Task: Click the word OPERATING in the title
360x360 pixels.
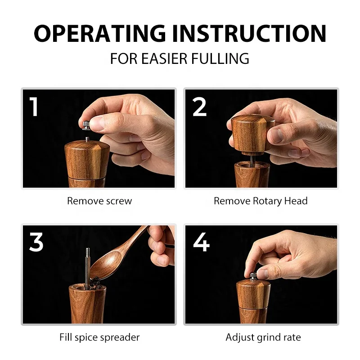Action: (x=100, y=33)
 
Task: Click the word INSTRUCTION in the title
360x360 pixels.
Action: (x=249, y=33)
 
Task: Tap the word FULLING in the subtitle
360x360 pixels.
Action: (x=220, y=58)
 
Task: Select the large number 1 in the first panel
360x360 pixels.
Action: (x=34, y=107)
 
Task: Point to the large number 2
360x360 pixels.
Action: (x=199, y=107)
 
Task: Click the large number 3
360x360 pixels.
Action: (x=36, y=242)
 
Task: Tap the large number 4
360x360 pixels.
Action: (x=201, y=242)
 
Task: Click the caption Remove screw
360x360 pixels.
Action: (x=99, y=201)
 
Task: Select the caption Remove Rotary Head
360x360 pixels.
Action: (x=261, y=201)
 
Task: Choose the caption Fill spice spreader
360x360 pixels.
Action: (x=99, y=337)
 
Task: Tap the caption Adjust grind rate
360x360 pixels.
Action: (x=263, y=337)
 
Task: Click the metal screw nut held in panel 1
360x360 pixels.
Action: (x=86, y=125)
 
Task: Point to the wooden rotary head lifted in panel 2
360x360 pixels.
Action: (x=252, y=133)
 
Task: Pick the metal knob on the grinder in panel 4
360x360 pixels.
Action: (x=253, y=276)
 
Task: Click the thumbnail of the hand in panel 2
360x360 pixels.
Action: (x=275, y=135)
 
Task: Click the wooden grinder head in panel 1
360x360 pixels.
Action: (x=87, y=160)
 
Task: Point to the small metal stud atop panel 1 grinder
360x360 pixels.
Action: (x=87, y=139)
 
